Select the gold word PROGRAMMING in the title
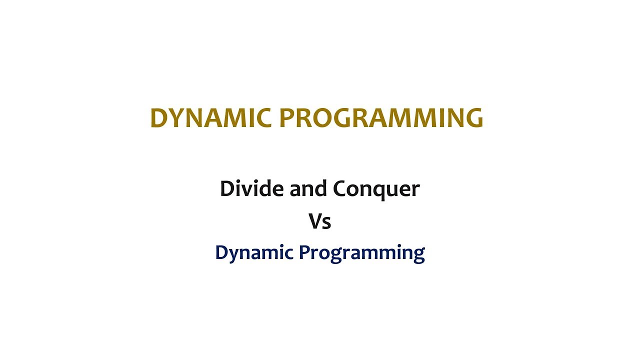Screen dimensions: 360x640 coord(381,118)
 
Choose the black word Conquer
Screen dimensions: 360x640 coord(376,189)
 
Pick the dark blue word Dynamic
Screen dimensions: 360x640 coord(253,253)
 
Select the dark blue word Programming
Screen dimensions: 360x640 coord(361,253)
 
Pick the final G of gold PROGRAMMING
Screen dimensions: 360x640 coord(473,118)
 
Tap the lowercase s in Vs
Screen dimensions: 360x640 coord(326,222)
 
